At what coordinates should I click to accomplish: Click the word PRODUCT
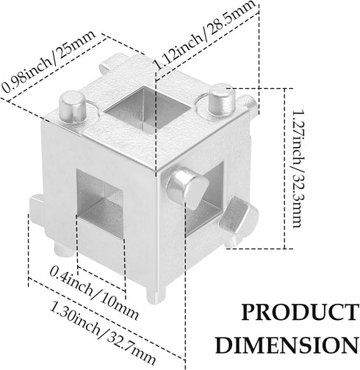click(x=299, y=312)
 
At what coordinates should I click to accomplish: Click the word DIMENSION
click(x=287, y=345)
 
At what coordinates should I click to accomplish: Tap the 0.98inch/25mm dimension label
click(x=48, y=61)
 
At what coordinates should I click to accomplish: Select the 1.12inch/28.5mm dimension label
click(x=204, y=35)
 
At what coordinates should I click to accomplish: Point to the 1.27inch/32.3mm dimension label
click(x=298, y=168)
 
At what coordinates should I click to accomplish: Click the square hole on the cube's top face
click(x=146, y=107)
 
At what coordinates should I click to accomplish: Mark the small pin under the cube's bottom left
click(x=63, y=248)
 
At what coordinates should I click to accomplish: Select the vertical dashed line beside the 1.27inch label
click(x=284, y=168)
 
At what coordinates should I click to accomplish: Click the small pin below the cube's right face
click(x=233, y=241)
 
